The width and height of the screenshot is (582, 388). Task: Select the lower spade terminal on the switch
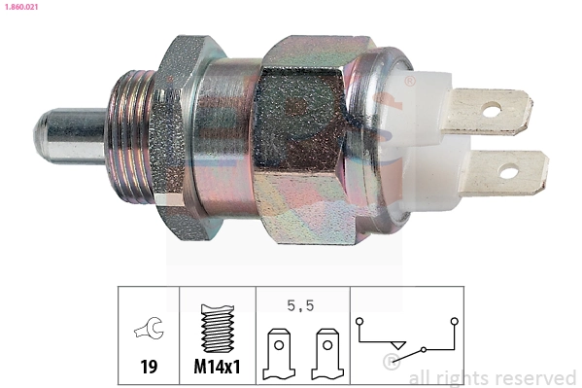(x=505, y=171)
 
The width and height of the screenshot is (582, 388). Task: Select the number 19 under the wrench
(x=149, y=367)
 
